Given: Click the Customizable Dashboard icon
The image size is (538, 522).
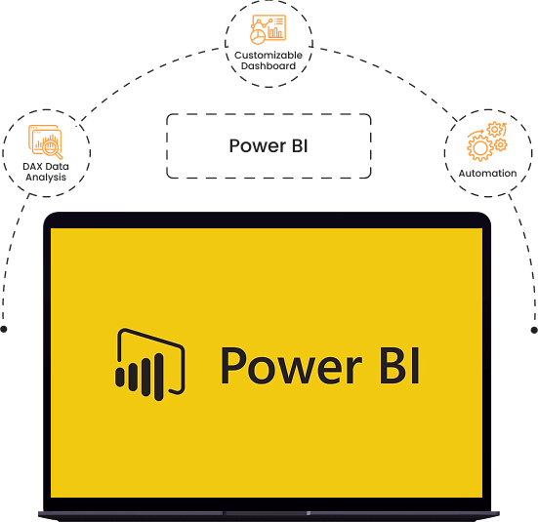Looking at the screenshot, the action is tap(268, 29).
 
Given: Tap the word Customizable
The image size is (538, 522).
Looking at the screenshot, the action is tap(269, 55).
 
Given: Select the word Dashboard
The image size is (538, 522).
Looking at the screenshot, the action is tap(269, 65).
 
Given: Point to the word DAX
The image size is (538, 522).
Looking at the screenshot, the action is tap(33, 166).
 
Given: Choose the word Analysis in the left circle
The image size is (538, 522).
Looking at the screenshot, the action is tap(46, 178).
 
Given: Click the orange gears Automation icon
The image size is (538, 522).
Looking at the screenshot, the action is tap(487, 141).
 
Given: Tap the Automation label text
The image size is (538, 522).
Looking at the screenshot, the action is tap(487, 174).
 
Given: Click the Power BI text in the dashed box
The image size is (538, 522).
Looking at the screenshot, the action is tap(269, 145).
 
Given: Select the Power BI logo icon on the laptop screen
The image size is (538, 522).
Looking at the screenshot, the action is tap(149, 364).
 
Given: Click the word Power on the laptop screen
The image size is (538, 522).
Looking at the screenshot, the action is tap(291, 366).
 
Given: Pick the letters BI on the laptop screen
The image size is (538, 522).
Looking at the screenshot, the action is tap(399, 366).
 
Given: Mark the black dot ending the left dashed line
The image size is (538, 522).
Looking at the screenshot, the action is tap(4, 329).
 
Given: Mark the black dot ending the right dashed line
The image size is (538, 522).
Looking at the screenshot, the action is tap(534, 330).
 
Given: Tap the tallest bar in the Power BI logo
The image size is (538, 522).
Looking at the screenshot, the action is tap(158, 378).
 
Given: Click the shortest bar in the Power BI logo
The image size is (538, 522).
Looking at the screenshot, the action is tap(119, 378).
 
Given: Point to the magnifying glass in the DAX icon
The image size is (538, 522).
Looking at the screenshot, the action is tap(53, 149).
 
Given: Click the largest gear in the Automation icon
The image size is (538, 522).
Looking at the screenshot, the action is tap(480, 148).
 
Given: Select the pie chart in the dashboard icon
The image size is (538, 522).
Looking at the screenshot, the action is tap(258, 37).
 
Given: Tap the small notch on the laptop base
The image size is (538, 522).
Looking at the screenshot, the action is tap(309, 513).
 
